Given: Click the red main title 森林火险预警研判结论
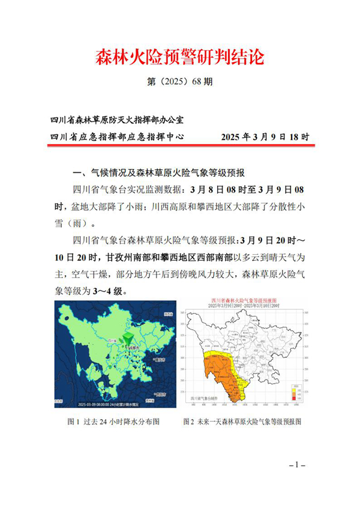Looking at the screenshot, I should [x=179, y=58].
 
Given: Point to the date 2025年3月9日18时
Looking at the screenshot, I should [x=265, y=137].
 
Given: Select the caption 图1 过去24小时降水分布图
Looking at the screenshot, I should [x=113, y=423].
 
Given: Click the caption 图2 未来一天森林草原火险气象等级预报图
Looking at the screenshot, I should [x=242, y=423].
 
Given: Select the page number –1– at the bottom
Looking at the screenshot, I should [x=298, y=465].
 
